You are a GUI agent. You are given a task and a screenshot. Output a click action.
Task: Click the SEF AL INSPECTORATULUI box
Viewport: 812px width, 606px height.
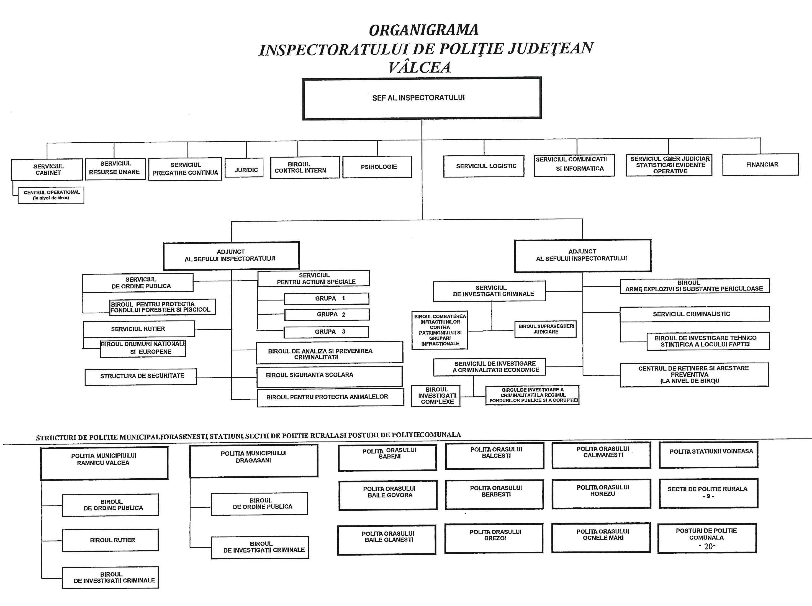422,98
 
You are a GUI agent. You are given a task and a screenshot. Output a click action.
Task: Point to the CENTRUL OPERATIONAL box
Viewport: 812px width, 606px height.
51,195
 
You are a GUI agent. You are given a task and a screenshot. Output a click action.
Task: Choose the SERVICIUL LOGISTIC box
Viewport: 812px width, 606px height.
484,166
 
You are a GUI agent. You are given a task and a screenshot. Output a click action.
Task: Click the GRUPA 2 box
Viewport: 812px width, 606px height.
327,314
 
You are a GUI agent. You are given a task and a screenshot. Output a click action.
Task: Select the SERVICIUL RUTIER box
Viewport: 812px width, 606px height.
139,329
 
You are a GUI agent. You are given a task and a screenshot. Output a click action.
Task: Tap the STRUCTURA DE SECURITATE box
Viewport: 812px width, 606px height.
141,377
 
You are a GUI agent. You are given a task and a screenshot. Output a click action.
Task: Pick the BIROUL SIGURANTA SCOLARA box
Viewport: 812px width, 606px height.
329,376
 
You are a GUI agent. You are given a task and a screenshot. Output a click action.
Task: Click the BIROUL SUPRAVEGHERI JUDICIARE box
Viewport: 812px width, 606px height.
545,329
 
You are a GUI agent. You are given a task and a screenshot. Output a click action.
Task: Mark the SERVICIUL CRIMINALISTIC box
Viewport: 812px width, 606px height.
695,314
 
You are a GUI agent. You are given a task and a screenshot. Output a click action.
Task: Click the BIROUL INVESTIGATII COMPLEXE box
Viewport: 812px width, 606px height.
436,396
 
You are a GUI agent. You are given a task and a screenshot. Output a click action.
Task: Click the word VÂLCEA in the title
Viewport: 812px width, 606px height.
420,67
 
